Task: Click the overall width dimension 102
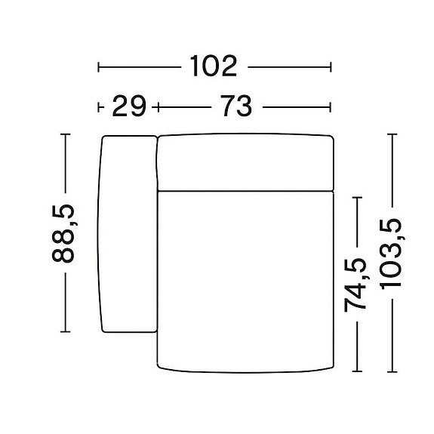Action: [214, 67]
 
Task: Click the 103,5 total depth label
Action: [392, 253]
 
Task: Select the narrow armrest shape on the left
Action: [127, 232]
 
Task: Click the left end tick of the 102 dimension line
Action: [99, 68]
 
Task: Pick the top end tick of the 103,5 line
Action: [392, 134]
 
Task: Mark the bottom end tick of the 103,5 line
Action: [392, 372]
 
